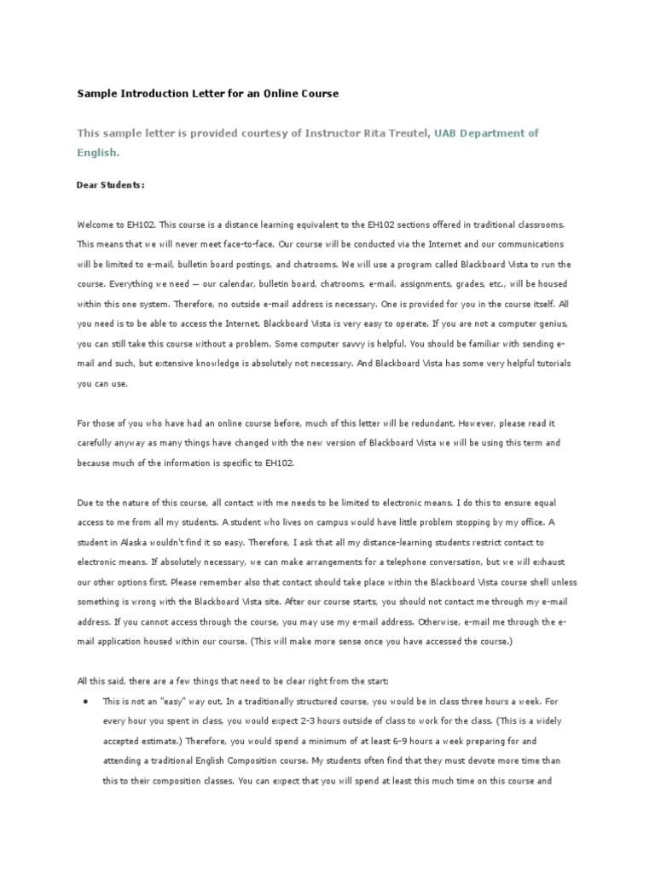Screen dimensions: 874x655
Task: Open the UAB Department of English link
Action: (487, 133)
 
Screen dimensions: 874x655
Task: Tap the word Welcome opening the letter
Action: (95, 224)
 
